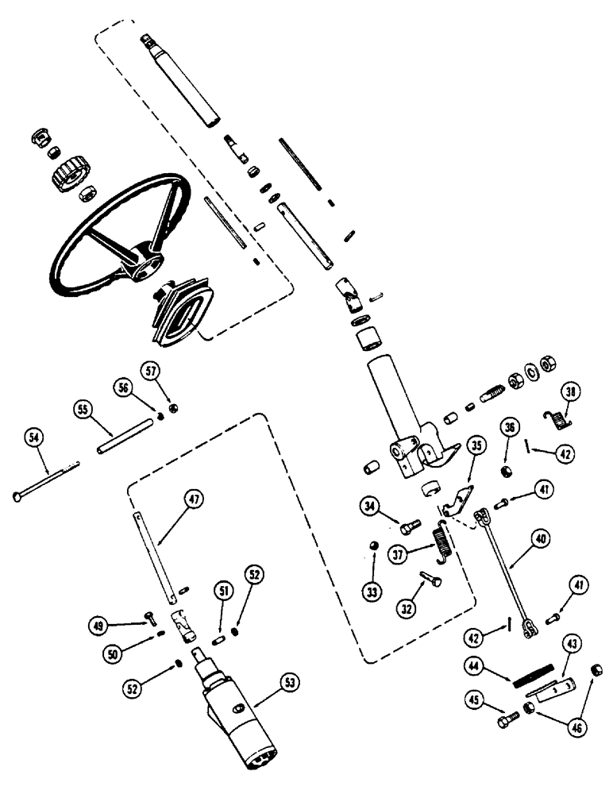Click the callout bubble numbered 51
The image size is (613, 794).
[223, 590]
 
